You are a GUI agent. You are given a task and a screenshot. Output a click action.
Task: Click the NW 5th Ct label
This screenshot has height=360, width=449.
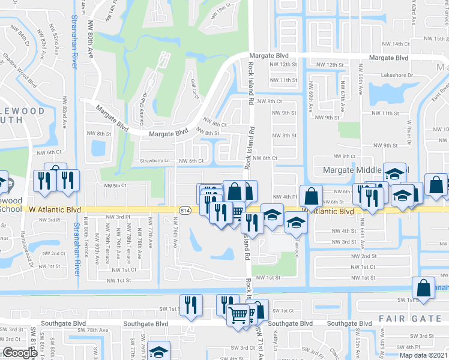pos(115,185)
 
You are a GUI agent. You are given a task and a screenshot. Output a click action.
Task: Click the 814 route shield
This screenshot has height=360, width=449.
pos(184,210)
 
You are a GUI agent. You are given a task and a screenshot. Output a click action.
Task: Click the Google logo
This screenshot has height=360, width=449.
pos(20,353)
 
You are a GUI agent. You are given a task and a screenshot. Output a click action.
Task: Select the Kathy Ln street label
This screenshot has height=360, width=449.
pos(276,346)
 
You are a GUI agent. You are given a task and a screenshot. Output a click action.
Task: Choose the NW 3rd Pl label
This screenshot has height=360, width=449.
pos(118,217)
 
